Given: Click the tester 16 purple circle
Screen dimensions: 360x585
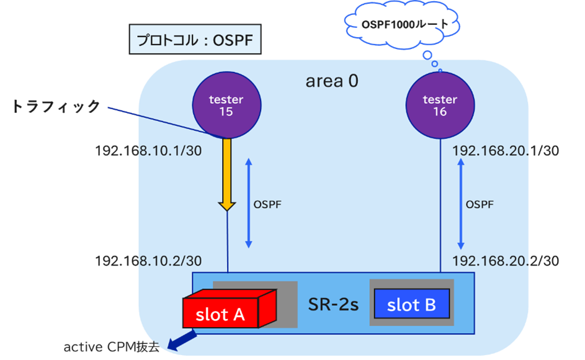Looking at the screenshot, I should [440, 106].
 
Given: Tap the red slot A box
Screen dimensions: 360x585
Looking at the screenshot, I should [221, 314].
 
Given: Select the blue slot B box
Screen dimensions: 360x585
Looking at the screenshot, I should [411, 305].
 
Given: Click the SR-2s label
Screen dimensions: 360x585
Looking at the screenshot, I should [333, 305].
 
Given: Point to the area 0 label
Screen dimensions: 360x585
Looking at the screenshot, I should [332, 81].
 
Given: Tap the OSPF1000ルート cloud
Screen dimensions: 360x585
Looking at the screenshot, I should [403, 25].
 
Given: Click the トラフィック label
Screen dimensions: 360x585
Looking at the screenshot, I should [56, 106].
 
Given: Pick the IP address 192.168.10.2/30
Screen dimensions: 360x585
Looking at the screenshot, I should [148, 261].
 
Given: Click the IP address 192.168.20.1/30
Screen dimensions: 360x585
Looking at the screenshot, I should [506, 151].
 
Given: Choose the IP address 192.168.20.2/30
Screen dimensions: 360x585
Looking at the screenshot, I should [506, 261].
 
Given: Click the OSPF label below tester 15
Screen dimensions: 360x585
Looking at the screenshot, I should [268, 204].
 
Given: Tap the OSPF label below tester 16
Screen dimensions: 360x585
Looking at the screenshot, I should [480, 204].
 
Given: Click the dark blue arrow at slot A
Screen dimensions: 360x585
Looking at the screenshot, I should [182, 340].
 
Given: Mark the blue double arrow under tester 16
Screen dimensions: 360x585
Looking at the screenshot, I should [460, 204].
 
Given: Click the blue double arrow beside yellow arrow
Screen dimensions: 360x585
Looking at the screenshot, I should [248, 204].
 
